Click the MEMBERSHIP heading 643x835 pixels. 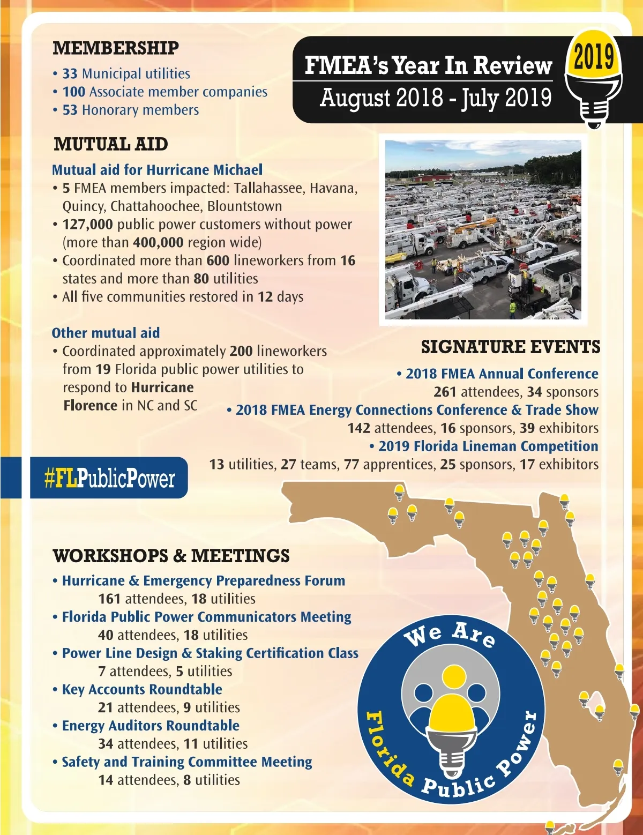[x=116, y=48]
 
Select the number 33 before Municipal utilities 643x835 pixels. [x=70, y=73]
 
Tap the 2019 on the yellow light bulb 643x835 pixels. [x=594, y=56]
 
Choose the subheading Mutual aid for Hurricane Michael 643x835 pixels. [x=157, y=170]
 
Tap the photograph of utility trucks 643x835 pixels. [x=483, y=229]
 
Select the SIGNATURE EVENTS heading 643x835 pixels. [x=510, y=347]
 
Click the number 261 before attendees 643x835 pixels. [x=445, y=392]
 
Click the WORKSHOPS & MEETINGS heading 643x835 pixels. [x=171, y=556]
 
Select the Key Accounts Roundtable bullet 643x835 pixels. [x=142, y=689]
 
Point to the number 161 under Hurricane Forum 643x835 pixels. [x=109, y=599]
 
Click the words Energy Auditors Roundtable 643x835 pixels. [x=151, y=726]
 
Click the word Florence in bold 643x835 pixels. [x=90, y=406]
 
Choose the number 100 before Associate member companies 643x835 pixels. [x=74, y=92]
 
